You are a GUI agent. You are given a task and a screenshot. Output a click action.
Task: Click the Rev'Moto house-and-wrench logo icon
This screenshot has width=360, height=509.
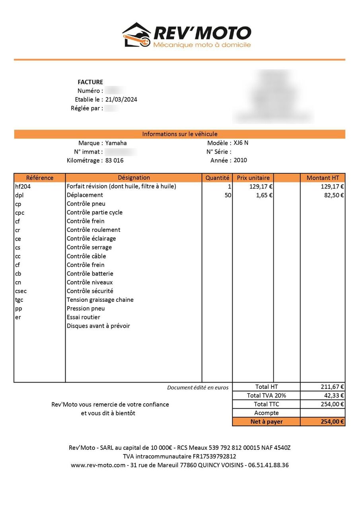point(136,35)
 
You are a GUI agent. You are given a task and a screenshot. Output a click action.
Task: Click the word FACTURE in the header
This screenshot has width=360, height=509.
point(90,82)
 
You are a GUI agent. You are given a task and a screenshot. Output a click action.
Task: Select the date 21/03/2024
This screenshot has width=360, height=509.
point(121,99)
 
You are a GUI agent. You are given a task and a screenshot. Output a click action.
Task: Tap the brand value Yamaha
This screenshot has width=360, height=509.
point(116,143)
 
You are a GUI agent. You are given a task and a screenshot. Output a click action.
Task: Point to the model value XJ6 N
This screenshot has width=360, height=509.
point(241,143)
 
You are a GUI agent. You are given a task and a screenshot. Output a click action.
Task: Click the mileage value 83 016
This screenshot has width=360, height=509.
point(115,161)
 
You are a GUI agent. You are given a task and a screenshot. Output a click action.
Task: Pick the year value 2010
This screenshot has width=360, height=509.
point(240,160)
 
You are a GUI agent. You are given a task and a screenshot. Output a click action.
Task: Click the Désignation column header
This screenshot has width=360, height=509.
point(134,178)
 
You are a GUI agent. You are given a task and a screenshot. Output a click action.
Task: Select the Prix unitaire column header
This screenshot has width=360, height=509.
point(253,178)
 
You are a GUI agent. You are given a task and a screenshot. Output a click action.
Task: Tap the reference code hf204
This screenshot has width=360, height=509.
point(23,187)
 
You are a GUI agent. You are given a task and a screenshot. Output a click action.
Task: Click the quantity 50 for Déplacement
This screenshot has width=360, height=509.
point(228,195)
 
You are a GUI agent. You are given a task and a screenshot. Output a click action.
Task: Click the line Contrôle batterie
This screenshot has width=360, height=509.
point(90,274)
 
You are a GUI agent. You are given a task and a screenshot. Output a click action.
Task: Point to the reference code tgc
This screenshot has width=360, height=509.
point(19,300)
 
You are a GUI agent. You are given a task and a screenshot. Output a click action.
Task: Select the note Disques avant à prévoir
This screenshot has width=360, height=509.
point(98,326)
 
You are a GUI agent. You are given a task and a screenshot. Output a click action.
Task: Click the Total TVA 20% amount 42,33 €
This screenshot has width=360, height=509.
point(333,396)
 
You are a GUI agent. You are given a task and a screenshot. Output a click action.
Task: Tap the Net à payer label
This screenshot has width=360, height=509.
point(267,422)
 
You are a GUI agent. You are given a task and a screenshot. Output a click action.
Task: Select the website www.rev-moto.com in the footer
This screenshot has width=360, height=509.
point(98,465)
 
